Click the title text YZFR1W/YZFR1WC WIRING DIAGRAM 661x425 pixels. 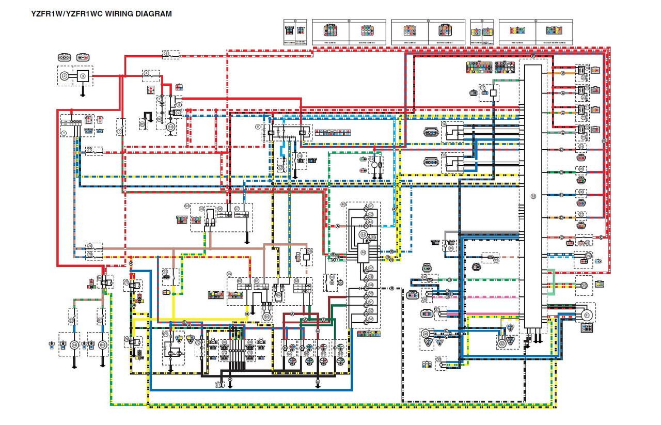coord(102,14)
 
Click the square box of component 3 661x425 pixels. coord(83,76)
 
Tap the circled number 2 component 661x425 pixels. coord(65,76)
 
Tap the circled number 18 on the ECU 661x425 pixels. coord(533,196)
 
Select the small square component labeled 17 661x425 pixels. coord(493,93)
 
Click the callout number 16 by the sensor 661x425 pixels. coord(444,124)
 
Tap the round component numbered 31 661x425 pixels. coord(587,315)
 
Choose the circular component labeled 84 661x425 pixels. coord(74,344)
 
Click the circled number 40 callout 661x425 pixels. coord(343,204)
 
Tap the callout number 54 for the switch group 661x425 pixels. coord(187,206)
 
